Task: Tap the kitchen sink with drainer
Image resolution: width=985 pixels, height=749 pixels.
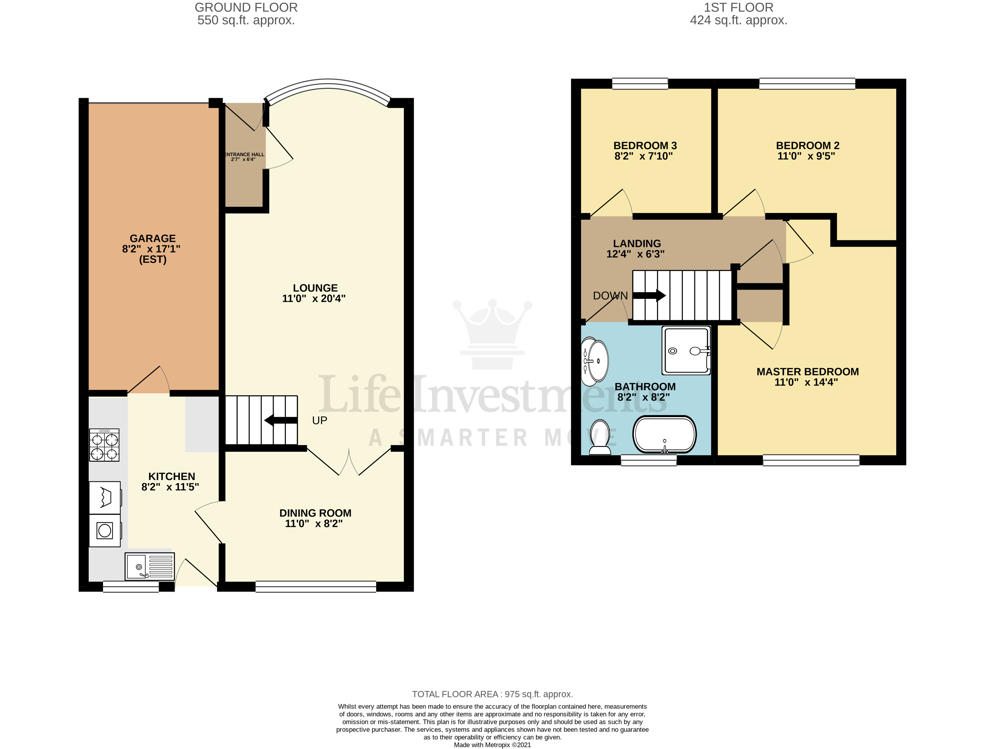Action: click(x=149, y=566)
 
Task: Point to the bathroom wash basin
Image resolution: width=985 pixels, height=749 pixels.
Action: click(x=595, y=361)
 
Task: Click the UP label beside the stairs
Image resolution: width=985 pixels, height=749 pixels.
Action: click(x=319, y=420)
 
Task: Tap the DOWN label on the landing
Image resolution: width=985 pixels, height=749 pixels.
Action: click(x=610, y=296)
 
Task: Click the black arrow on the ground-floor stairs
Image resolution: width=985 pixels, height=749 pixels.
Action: click(x=281, y=420)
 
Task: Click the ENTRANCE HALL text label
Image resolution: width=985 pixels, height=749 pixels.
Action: click(x=244, y=155)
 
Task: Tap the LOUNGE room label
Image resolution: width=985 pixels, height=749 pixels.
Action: click(x=315, y=288)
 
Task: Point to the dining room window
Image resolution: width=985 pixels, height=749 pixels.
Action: click(x=315, y=586)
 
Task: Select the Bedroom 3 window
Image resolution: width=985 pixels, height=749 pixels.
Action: click(x=640, y=83)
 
